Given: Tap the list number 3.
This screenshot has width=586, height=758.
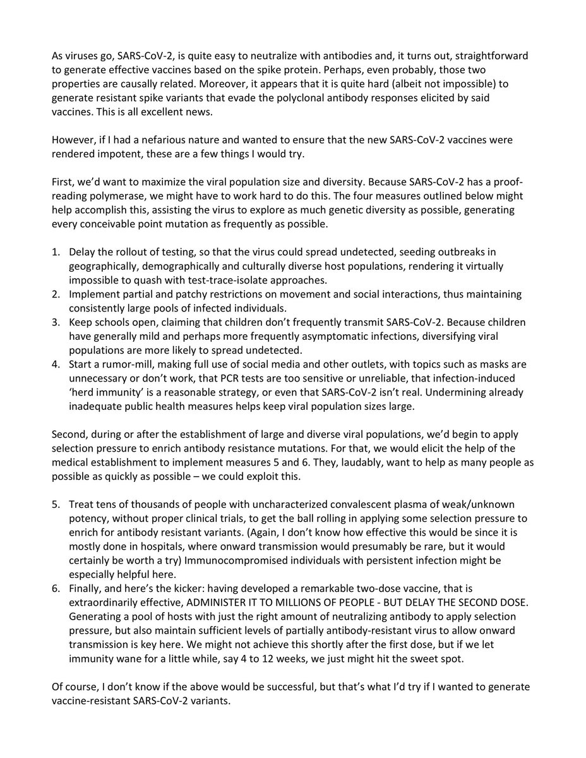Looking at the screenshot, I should (x=56, y=322).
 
